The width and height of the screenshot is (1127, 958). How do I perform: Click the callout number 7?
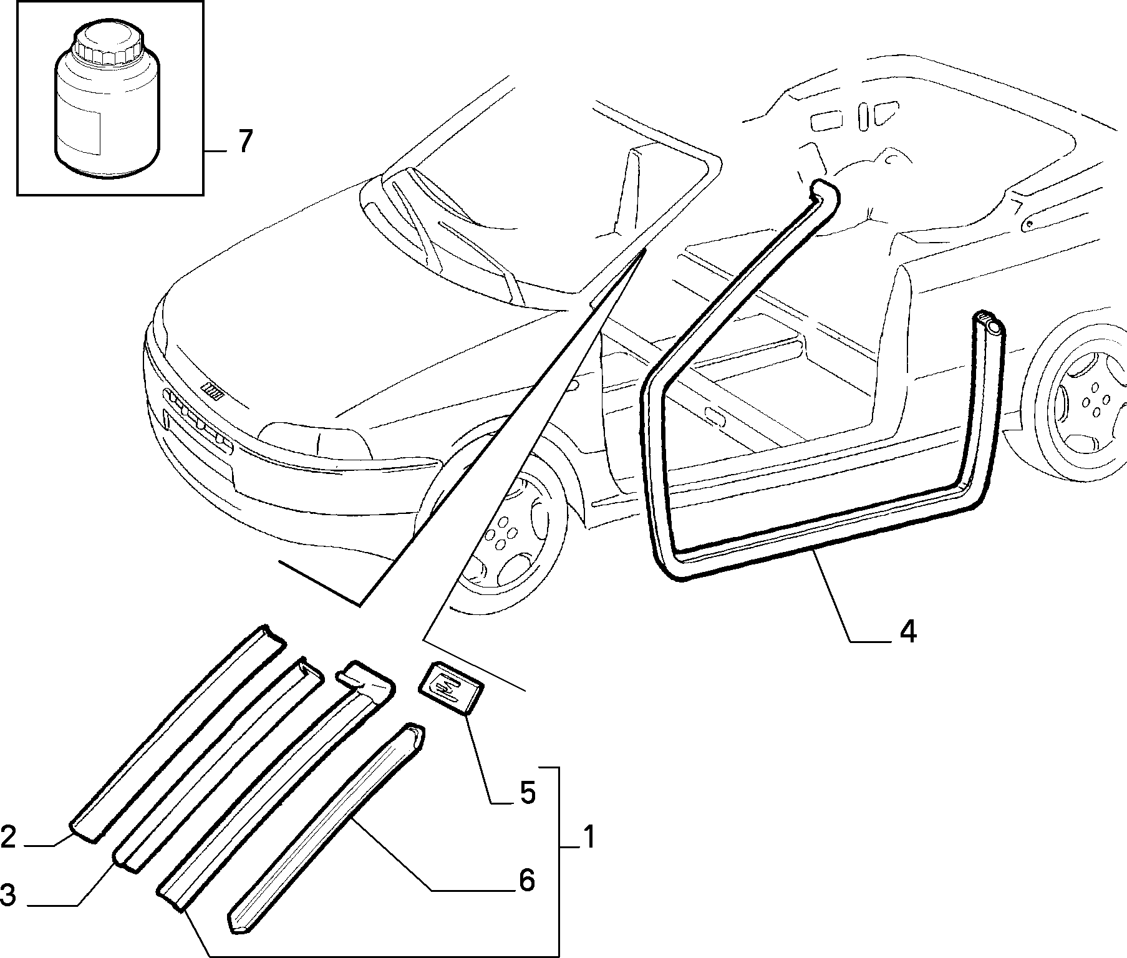(x=244, y=142)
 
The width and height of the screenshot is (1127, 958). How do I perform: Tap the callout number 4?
(x=907, y=632)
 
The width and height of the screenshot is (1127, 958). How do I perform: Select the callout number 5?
(x=527, y=793)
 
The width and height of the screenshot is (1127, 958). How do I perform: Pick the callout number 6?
(x=527, y=880)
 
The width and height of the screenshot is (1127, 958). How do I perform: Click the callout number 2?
(x=9, y=837)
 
